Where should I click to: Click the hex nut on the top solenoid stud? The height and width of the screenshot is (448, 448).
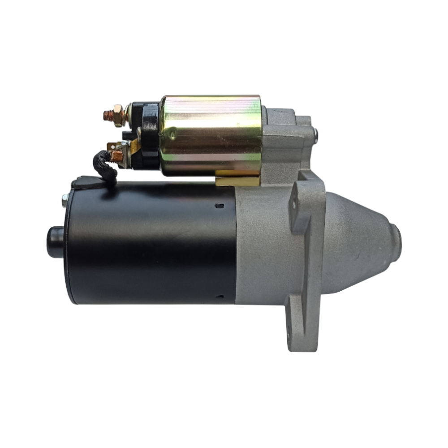(x=118, y=115)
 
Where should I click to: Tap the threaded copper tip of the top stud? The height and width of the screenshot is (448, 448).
(x=108, y=116)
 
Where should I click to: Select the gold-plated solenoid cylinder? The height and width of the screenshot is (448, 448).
(x=211, y=134)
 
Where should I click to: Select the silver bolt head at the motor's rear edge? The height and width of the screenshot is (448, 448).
(x=65, y=200)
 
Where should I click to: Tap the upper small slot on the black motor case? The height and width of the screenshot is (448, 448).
(x=219, y=206)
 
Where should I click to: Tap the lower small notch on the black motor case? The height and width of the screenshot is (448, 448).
(x=219, y=296)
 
